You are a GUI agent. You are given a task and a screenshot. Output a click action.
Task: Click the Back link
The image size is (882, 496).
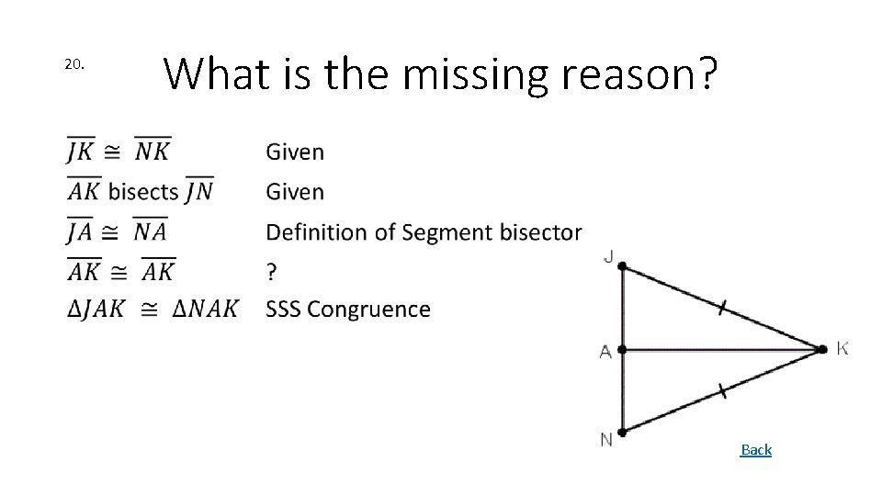(756, 449)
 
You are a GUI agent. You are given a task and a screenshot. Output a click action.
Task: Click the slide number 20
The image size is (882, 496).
(74, 64)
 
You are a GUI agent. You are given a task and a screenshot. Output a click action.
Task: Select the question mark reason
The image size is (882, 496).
(271, 271)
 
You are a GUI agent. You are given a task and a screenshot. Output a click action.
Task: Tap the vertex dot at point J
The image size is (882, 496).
(622, 266)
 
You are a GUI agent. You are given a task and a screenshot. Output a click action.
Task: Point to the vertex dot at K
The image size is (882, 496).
(821, 349)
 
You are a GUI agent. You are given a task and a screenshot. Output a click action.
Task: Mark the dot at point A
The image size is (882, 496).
(622, 350)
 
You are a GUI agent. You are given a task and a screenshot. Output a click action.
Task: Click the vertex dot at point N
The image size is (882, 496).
(622, 432)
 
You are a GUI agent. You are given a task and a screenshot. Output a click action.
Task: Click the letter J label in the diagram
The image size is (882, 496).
(608, 256)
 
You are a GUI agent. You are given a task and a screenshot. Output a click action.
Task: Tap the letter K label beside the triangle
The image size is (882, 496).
(842, 348)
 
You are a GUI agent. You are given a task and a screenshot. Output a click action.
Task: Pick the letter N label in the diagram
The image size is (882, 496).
(606, 440)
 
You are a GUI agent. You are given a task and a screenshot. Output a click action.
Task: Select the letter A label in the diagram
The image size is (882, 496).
(605, 352)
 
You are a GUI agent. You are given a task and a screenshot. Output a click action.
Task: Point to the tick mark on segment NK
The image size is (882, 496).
(722, 391)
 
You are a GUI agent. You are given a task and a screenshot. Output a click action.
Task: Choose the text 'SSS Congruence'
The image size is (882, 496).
(347, 310)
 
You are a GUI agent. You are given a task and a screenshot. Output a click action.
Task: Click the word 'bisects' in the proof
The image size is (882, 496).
(143, 192)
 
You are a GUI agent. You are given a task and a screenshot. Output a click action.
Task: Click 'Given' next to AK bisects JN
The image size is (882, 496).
(295, 192)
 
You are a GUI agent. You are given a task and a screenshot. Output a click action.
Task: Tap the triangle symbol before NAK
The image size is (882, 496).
(180, 310)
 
